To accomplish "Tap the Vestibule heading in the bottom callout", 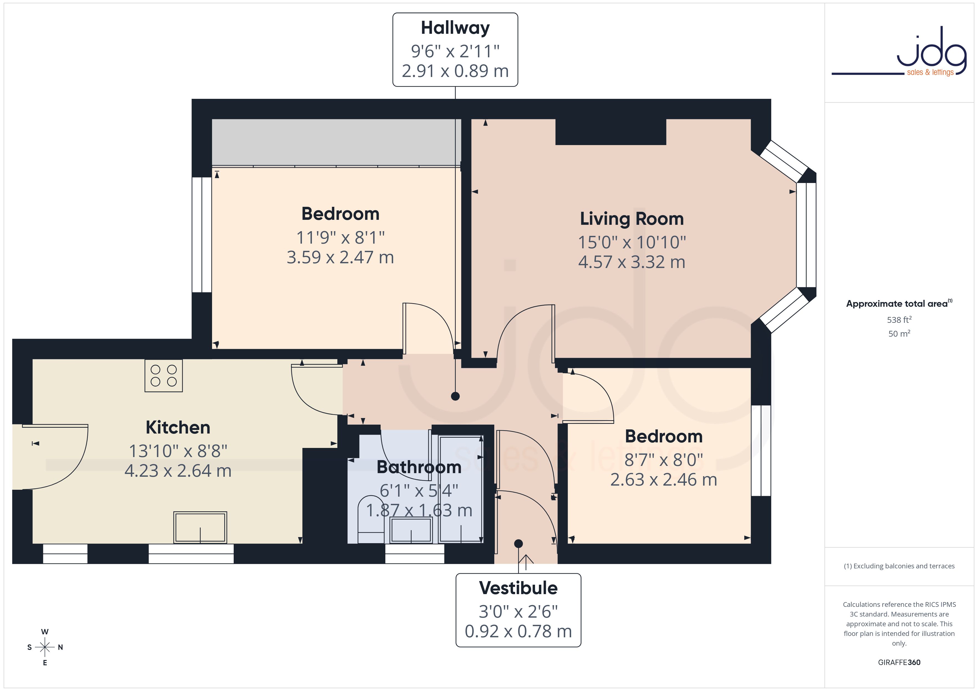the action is point(518,588).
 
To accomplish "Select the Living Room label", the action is point(632,219).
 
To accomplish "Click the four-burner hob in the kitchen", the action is point(164,376).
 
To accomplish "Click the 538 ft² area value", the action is point(899,319).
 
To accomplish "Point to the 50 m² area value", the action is point(899,334).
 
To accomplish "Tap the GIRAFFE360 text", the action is point(899,662).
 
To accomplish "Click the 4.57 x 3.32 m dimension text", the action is point(632,262).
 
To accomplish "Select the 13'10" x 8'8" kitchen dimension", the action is point(178,451).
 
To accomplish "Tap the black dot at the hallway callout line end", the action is point(455,396).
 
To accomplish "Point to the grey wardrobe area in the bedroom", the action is point(337,142).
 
